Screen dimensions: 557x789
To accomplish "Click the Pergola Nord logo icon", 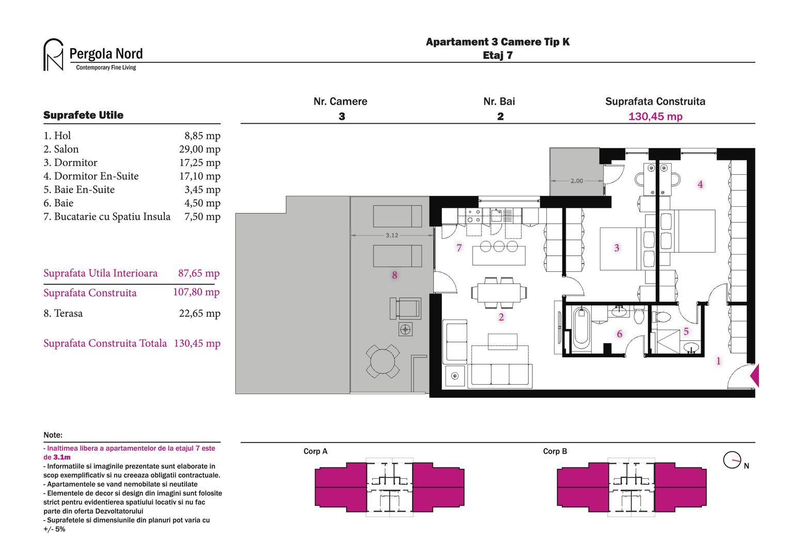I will pyautogui.click(x=53, y=55).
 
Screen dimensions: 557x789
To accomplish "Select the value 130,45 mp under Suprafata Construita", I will pyautogui.click(x=655, y=117).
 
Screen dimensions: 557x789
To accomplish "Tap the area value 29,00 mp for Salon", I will pyautogui.click(x=199, y=150).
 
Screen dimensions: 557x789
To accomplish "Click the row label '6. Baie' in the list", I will pyautogui.click(x=58, y=203).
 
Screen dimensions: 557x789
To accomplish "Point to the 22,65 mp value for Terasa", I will pyautogui.click(x=199, y=314).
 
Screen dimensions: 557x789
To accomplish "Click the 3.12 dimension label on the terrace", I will pyautogui.click(x=392, y=235).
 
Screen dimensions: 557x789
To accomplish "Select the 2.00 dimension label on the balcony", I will pyautogui.click(x=576, y=181).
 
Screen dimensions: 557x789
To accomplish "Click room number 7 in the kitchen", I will pyautogui.click(x=459, y=248).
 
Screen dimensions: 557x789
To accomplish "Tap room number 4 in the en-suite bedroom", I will pyautogui.click(x=700, y=185).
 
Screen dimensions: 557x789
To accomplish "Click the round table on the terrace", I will pyautogui.click(x=382, y=361).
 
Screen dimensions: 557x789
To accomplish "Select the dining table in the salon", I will pyautogui.click(x=499, y=293).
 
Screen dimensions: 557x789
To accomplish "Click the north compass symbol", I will pyautogui.click(x=732, y=460).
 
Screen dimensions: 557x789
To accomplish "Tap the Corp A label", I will pyautogui.click(x=315, y=451).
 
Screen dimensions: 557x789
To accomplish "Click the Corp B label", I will pyautogui.click(x=555, y=451).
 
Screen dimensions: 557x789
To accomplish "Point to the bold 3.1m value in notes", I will pyautogui.click(x=62, y=457).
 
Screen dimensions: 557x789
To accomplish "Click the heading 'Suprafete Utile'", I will pyautogui.click(x=83, y=115).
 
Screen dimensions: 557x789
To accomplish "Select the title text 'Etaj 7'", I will pyautogui.click(x=497, y=56).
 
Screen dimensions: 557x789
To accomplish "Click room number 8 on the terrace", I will pyautogui.click(x=394, y=275).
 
